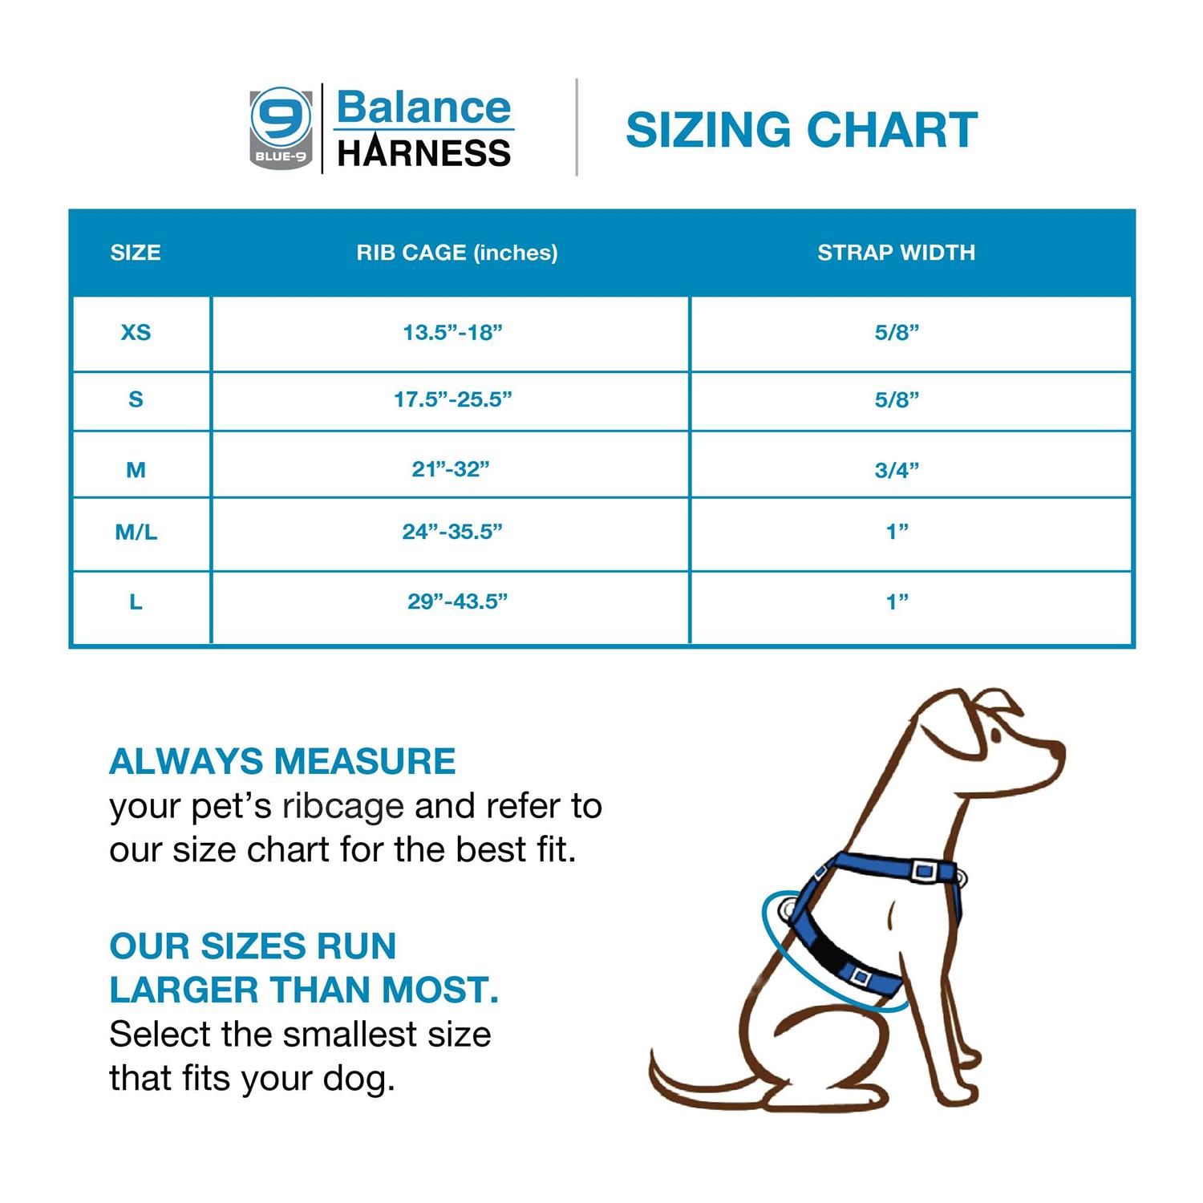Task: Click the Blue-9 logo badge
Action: click(x=281, y=128)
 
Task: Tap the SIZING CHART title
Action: click(x=801, y=130)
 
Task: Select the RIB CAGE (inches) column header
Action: click(x=457, y=253)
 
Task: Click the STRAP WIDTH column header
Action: click(x=896, y=253)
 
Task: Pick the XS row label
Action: click(x=136, y=332)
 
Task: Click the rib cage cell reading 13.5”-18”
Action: click(x=452, y=332)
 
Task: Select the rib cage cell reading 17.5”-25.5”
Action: click(x=452, y=399)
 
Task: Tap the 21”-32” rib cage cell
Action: click(x=451, y=469)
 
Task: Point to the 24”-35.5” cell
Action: click(x=452, y=532)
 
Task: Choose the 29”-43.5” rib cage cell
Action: click(x=457, y=601)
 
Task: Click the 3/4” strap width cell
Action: click(x=897, y=470)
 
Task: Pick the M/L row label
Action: click(x=136, y=532)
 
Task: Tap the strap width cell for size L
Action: click(x=897, y=601)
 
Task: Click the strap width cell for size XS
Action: click(x=897, y=332)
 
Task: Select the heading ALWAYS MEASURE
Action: click(x=282, y=761)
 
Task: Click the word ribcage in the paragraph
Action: click(x=343, y=807)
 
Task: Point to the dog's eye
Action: click(x=995, y=735)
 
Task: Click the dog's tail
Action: click(x=682, y=1083)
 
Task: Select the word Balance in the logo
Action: click(x=423, y=107)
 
